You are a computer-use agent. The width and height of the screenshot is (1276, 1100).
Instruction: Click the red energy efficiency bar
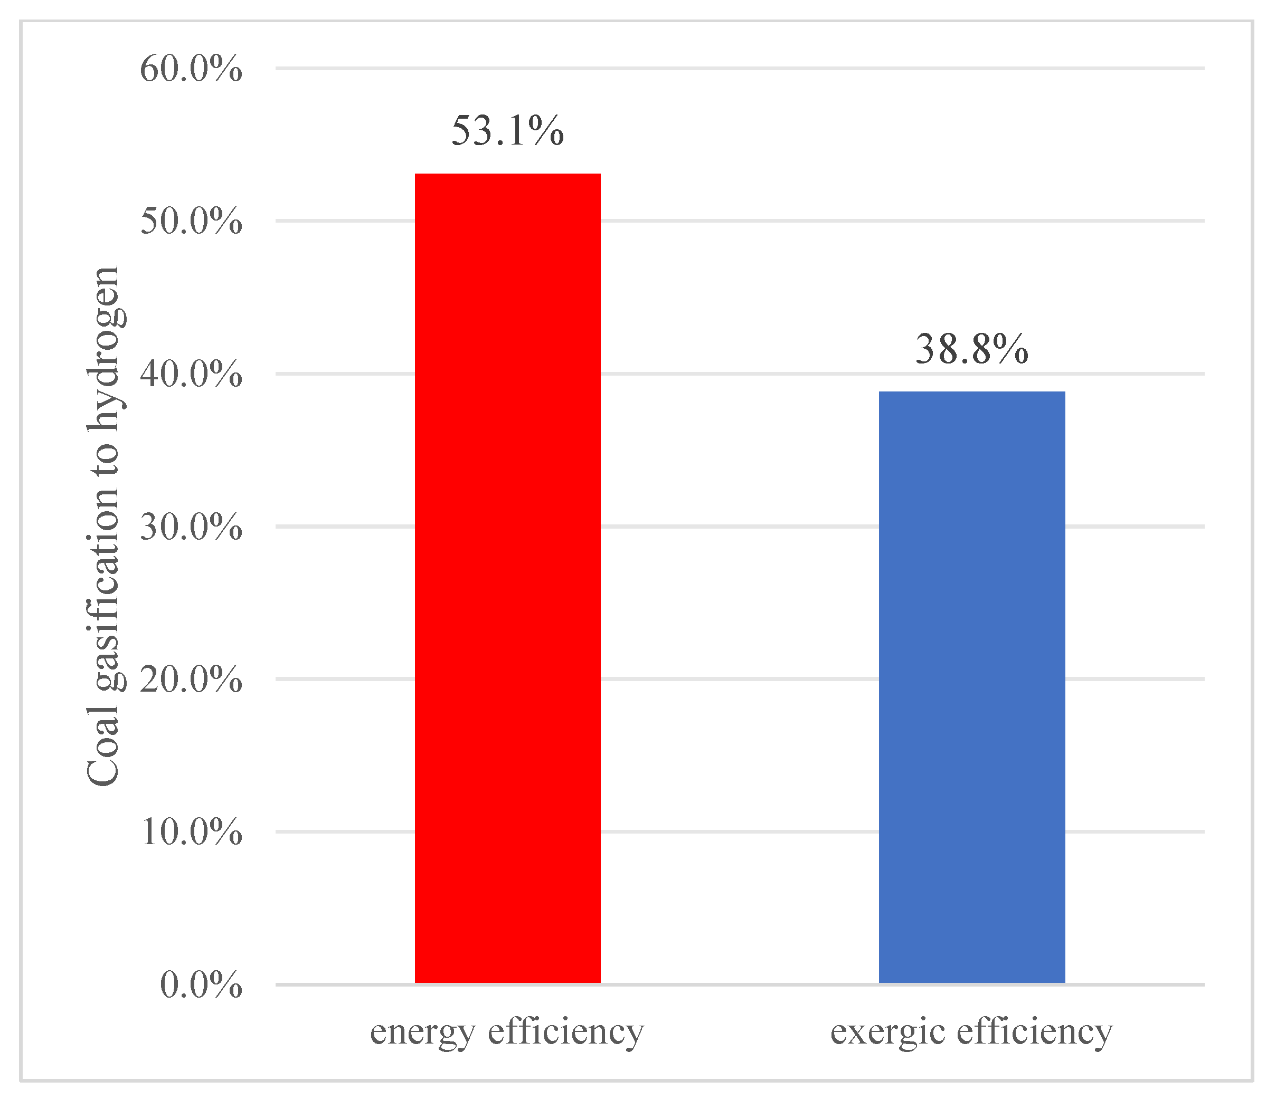click(x=507, y=579)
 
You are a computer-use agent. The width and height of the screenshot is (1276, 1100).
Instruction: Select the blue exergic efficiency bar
click(x=971, y=687)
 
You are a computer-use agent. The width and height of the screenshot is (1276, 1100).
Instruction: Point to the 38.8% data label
click(x=971, y=349)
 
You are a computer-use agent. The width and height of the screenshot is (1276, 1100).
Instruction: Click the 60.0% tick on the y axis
click(x=191, y=69)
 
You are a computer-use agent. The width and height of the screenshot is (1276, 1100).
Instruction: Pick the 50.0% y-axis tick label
click(x=191, y=222)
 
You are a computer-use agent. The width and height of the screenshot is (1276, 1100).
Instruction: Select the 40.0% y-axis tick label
click(x=191, y=374)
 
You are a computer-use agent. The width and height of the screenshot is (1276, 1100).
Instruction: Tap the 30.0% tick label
click(x=191, y=527)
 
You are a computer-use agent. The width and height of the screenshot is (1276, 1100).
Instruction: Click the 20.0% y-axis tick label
click(x=191, y=680)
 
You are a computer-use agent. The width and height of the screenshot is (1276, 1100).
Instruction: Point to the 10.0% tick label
click(x=191, y=832)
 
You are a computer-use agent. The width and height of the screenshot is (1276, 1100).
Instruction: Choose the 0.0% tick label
click(x=201, y=985)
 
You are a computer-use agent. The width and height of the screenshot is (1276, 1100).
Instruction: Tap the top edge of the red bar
click(x=507, y=175)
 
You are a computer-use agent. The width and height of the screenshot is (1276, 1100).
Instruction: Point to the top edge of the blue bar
click(x=971, y=392)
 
